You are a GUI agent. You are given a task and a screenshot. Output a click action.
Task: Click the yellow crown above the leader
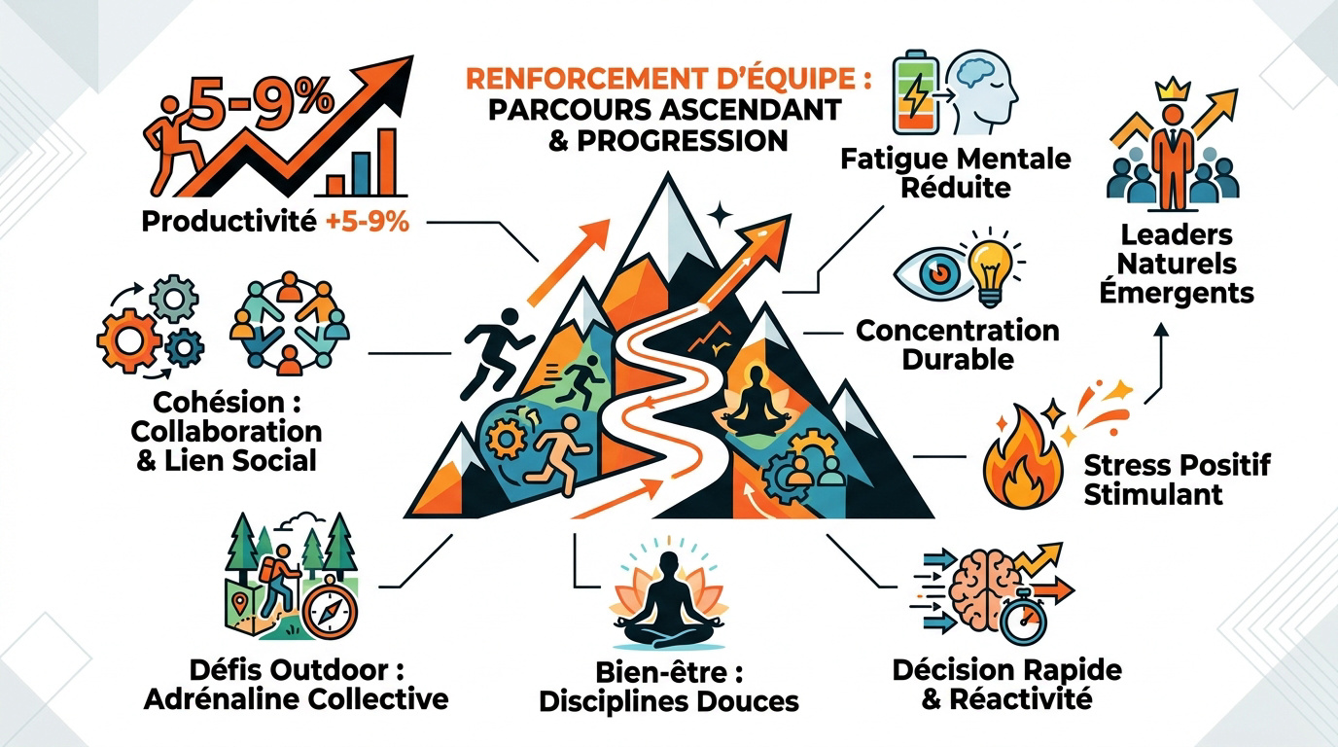1173,89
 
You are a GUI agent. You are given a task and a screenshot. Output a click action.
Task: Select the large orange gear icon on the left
128,341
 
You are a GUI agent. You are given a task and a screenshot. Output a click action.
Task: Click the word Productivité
229,223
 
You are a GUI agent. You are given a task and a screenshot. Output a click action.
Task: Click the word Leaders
1177,234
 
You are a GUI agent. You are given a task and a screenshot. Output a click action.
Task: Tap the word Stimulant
1153,495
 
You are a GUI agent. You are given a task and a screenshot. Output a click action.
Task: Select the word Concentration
958,331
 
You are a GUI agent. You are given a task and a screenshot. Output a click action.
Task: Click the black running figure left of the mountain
495,352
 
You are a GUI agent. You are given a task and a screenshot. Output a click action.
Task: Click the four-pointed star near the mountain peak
720,215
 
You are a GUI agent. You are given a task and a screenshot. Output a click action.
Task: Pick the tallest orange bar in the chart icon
388,162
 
